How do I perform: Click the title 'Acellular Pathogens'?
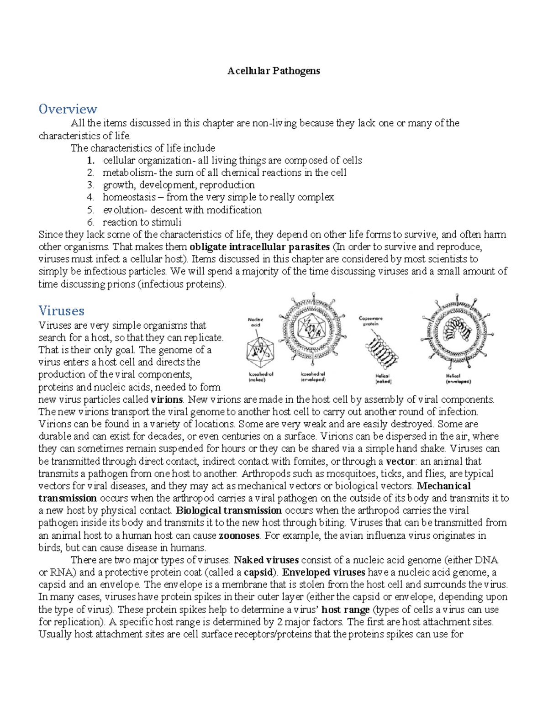(274, 71)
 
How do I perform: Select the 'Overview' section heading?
(68, 109)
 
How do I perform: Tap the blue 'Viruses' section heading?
(61, 311)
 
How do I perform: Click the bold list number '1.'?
(91, 160)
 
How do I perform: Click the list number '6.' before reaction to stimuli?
(90, 222)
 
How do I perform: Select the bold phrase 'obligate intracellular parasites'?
(259, 247)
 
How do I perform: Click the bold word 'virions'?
(166, 399)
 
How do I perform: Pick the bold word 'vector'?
(400, 461)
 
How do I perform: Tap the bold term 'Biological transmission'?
(228, 510)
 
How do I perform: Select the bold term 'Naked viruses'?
(266, 560)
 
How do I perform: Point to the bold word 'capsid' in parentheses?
(259, 572)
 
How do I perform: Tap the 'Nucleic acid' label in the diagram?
(256, 322)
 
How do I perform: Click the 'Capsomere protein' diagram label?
(370, 321)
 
